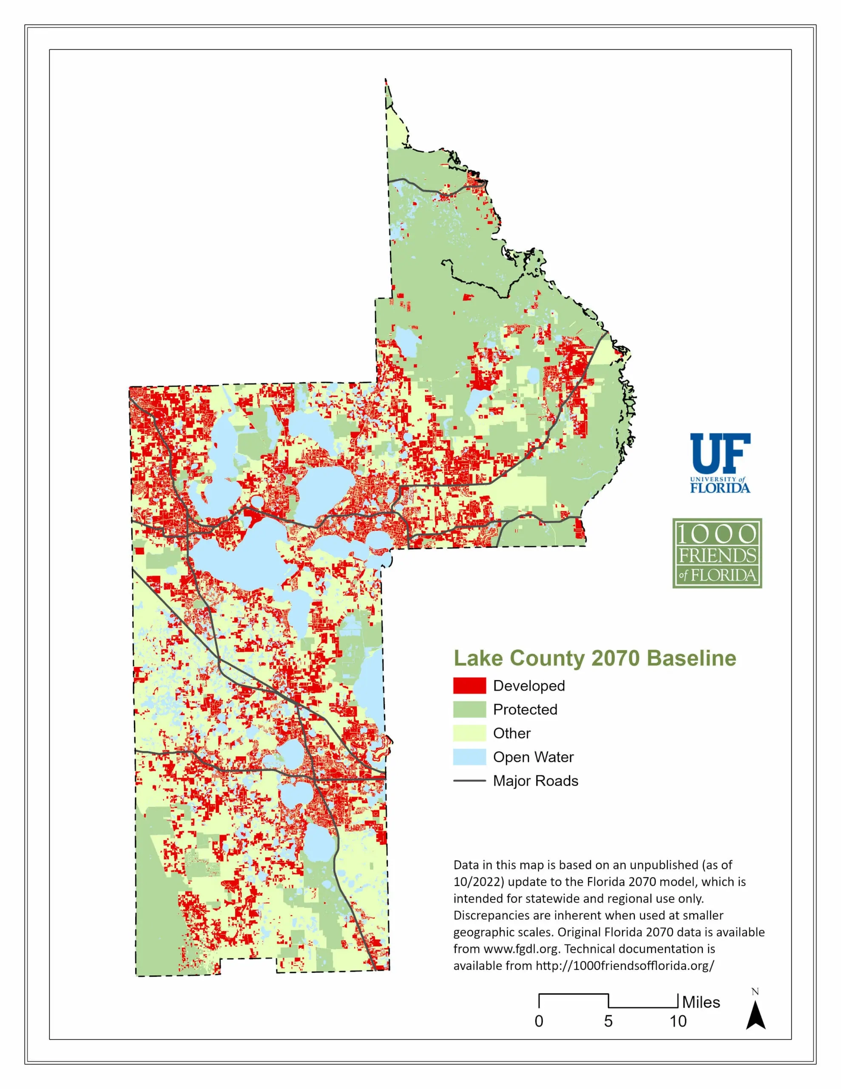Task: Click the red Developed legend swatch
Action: click(x=469, y=686)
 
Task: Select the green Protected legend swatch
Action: click(x=469, y=710)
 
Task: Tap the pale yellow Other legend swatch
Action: click(x=469, y=733)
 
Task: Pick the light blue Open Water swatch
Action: click(x=469, y=757)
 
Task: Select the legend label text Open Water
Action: click(x=533, y=757)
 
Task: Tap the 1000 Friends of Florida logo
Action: click(x=717, y=553)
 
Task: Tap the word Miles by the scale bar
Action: click(x=701, y=1002)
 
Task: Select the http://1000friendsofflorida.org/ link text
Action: click(x=625, y=965)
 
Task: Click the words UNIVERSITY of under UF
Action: click(x=717, y=479)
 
